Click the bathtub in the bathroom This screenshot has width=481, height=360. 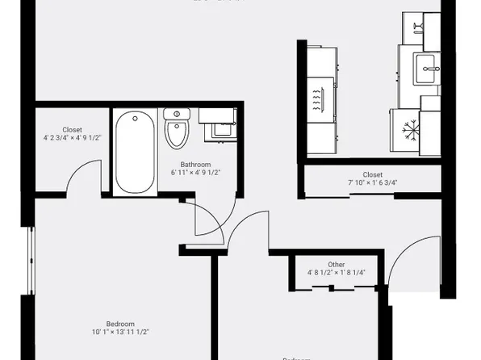(133, 151)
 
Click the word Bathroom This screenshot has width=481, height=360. (195, 164)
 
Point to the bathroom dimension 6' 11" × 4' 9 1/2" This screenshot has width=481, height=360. (195, 173)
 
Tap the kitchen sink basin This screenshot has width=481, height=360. (428, 69)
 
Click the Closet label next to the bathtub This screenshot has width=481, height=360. (72, 129)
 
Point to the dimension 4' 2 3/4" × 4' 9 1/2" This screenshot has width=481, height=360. (72, 138)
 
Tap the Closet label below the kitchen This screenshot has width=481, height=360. (372, 174)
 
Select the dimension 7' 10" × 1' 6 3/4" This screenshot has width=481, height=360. (372, 183)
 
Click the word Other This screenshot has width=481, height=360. (337, 264)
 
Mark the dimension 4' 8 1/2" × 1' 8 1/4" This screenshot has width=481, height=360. (337, 273)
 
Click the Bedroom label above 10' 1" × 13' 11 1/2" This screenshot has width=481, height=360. (120, 323)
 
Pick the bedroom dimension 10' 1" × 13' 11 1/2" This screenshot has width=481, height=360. (120, 332)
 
